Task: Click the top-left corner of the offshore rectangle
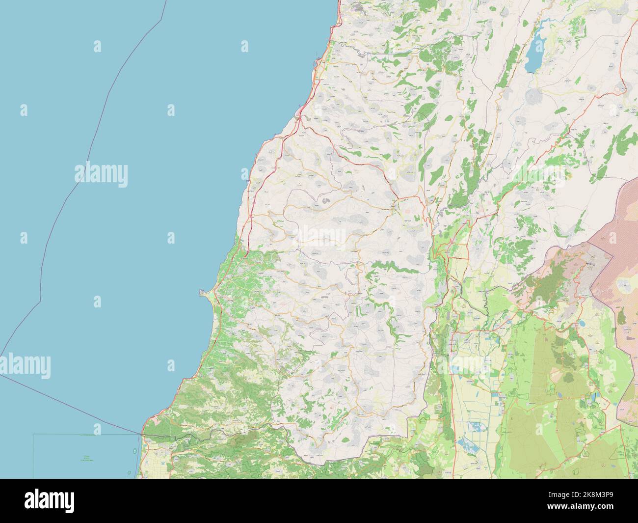tap(34, 434)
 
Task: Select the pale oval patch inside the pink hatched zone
tap(625, 284)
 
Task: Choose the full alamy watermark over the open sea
tap(101, 174)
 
